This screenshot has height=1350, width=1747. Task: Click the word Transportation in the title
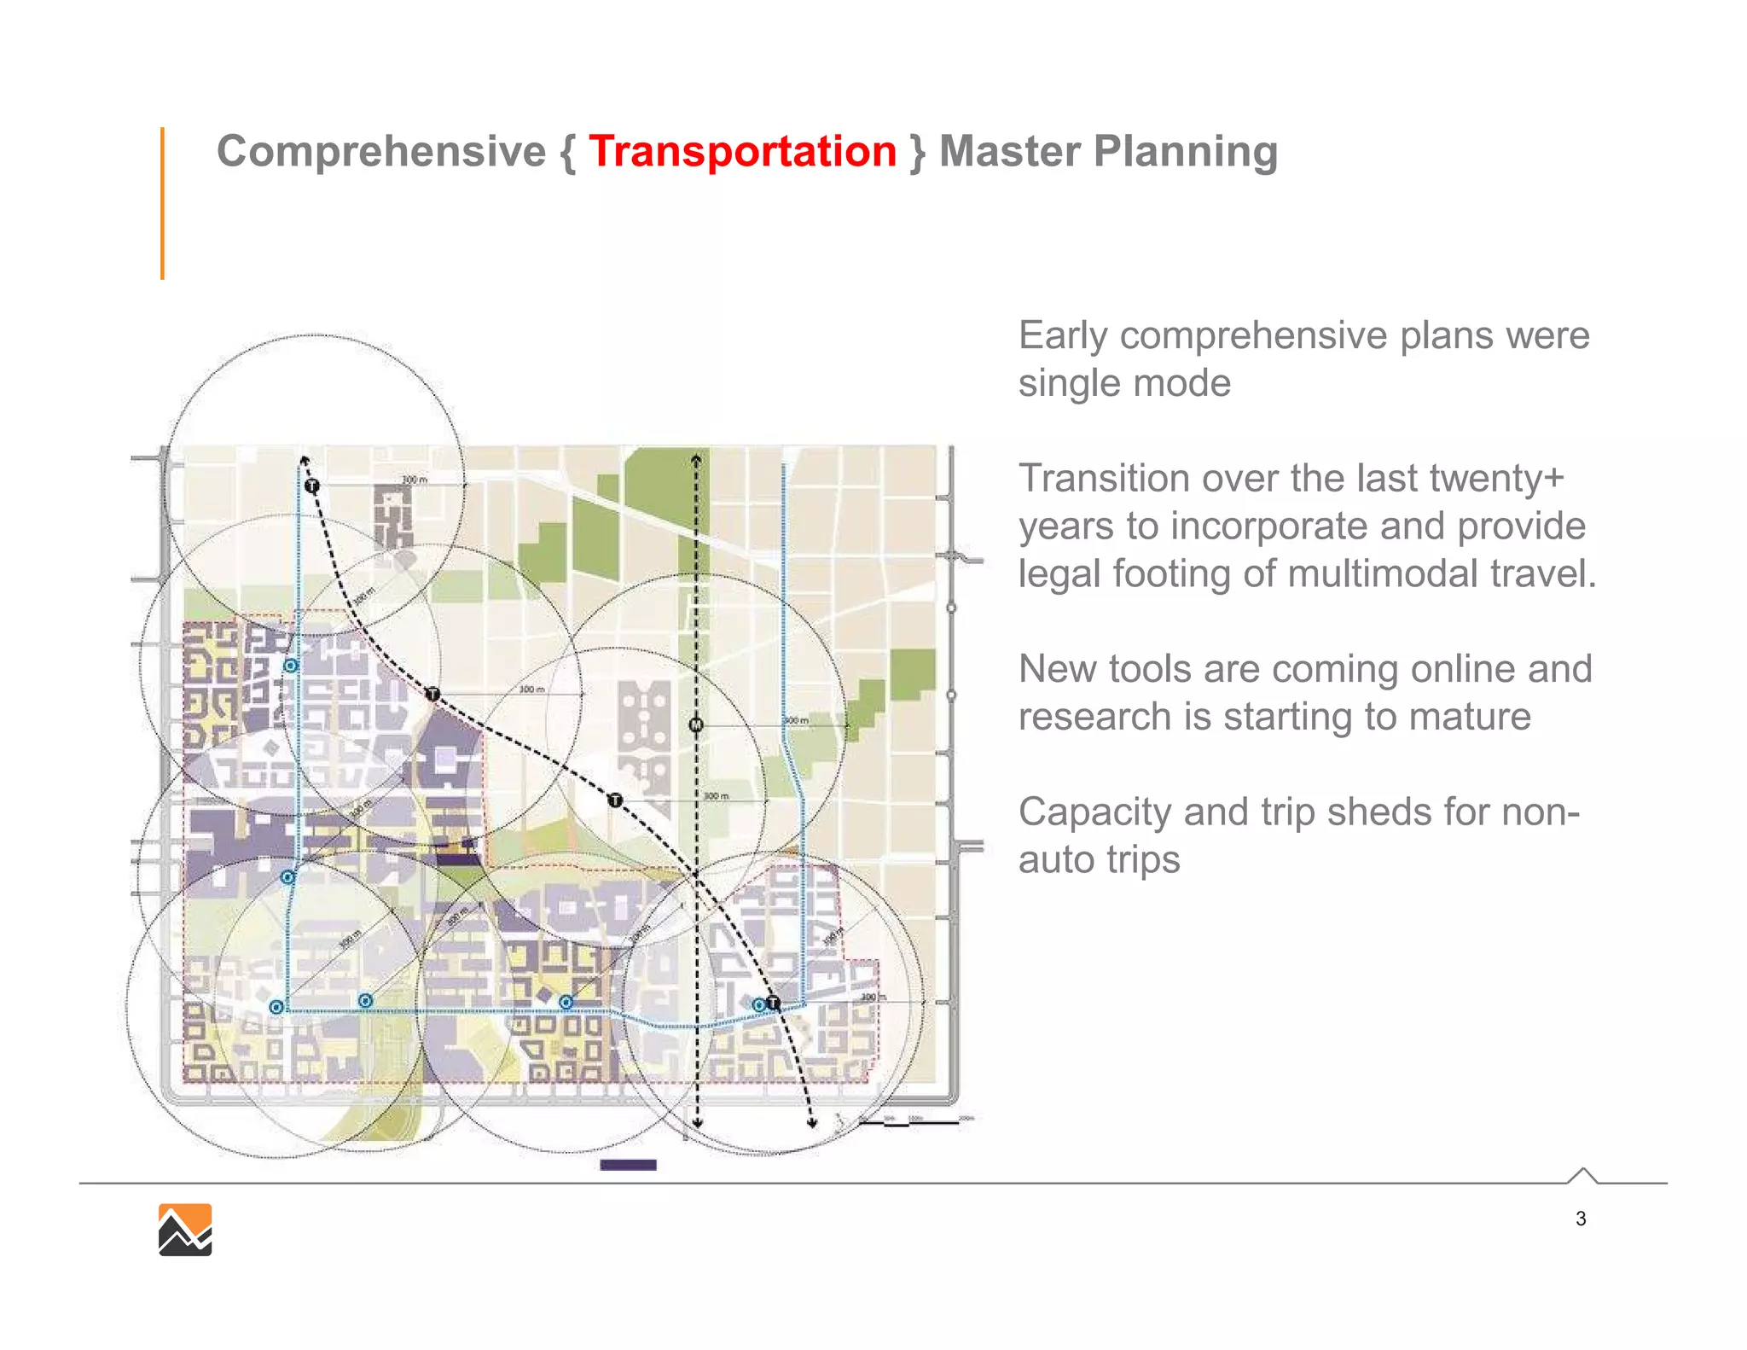click(742, 152)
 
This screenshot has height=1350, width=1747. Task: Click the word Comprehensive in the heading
click(380, 152)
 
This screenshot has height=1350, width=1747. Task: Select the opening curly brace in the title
click(567, 154)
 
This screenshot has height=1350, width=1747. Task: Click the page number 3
click(1581, 1219)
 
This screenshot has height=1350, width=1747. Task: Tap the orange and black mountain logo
click(185, 1230)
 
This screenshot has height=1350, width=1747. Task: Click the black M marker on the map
click(696, 725)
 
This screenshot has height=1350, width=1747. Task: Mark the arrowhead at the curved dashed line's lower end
click(812, 1123)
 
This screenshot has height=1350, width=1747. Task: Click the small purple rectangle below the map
click(628, 1165)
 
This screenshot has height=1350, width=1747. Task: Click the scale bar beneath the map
click(913, 1122)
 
